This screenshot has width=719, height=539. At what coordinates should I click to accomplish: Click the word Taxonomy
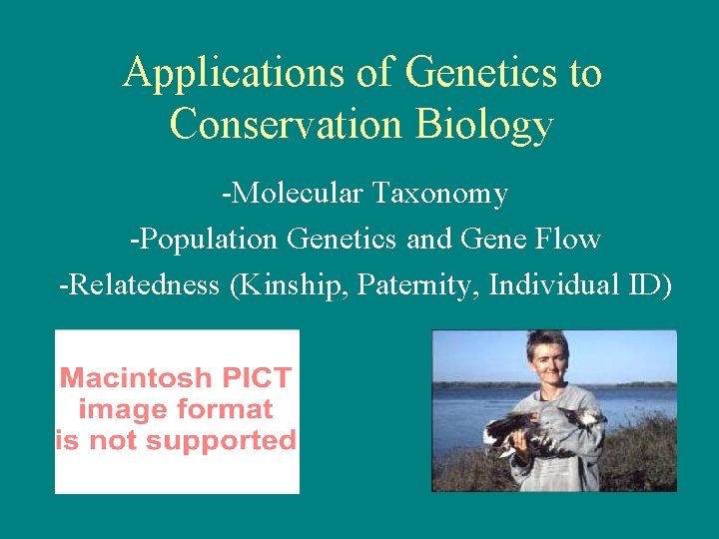[440, 193]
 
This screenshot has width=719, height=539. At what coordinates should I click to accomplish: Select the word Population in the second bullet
[207, 240]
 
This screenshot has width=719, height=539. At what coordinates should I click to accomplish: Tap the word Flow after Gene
[566, 240]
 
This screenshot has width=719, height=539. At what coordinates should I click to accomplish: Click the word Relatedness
[139, 285]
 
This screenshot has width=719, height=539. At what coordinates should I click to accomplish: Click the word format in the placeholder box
[226, 409]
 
